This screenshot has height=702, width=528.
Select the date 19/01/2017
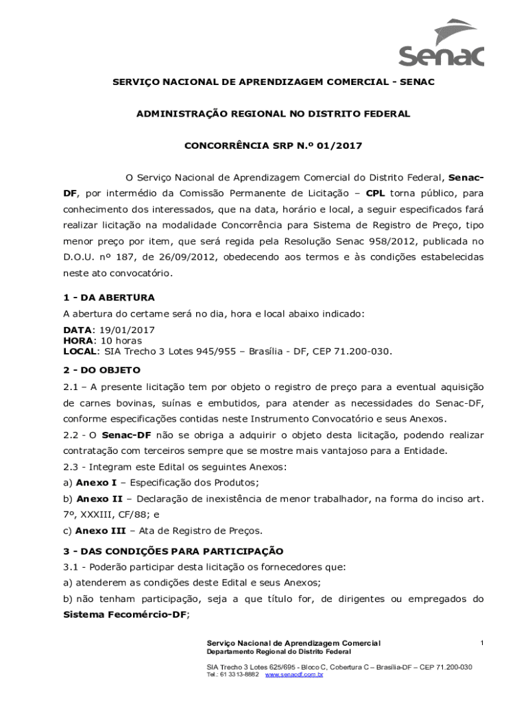coord(125,330)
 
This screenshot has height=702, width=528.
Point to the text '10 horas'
coord(121,341)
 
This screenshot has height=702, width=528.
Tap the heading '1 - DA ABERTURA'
coord(109,298)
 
